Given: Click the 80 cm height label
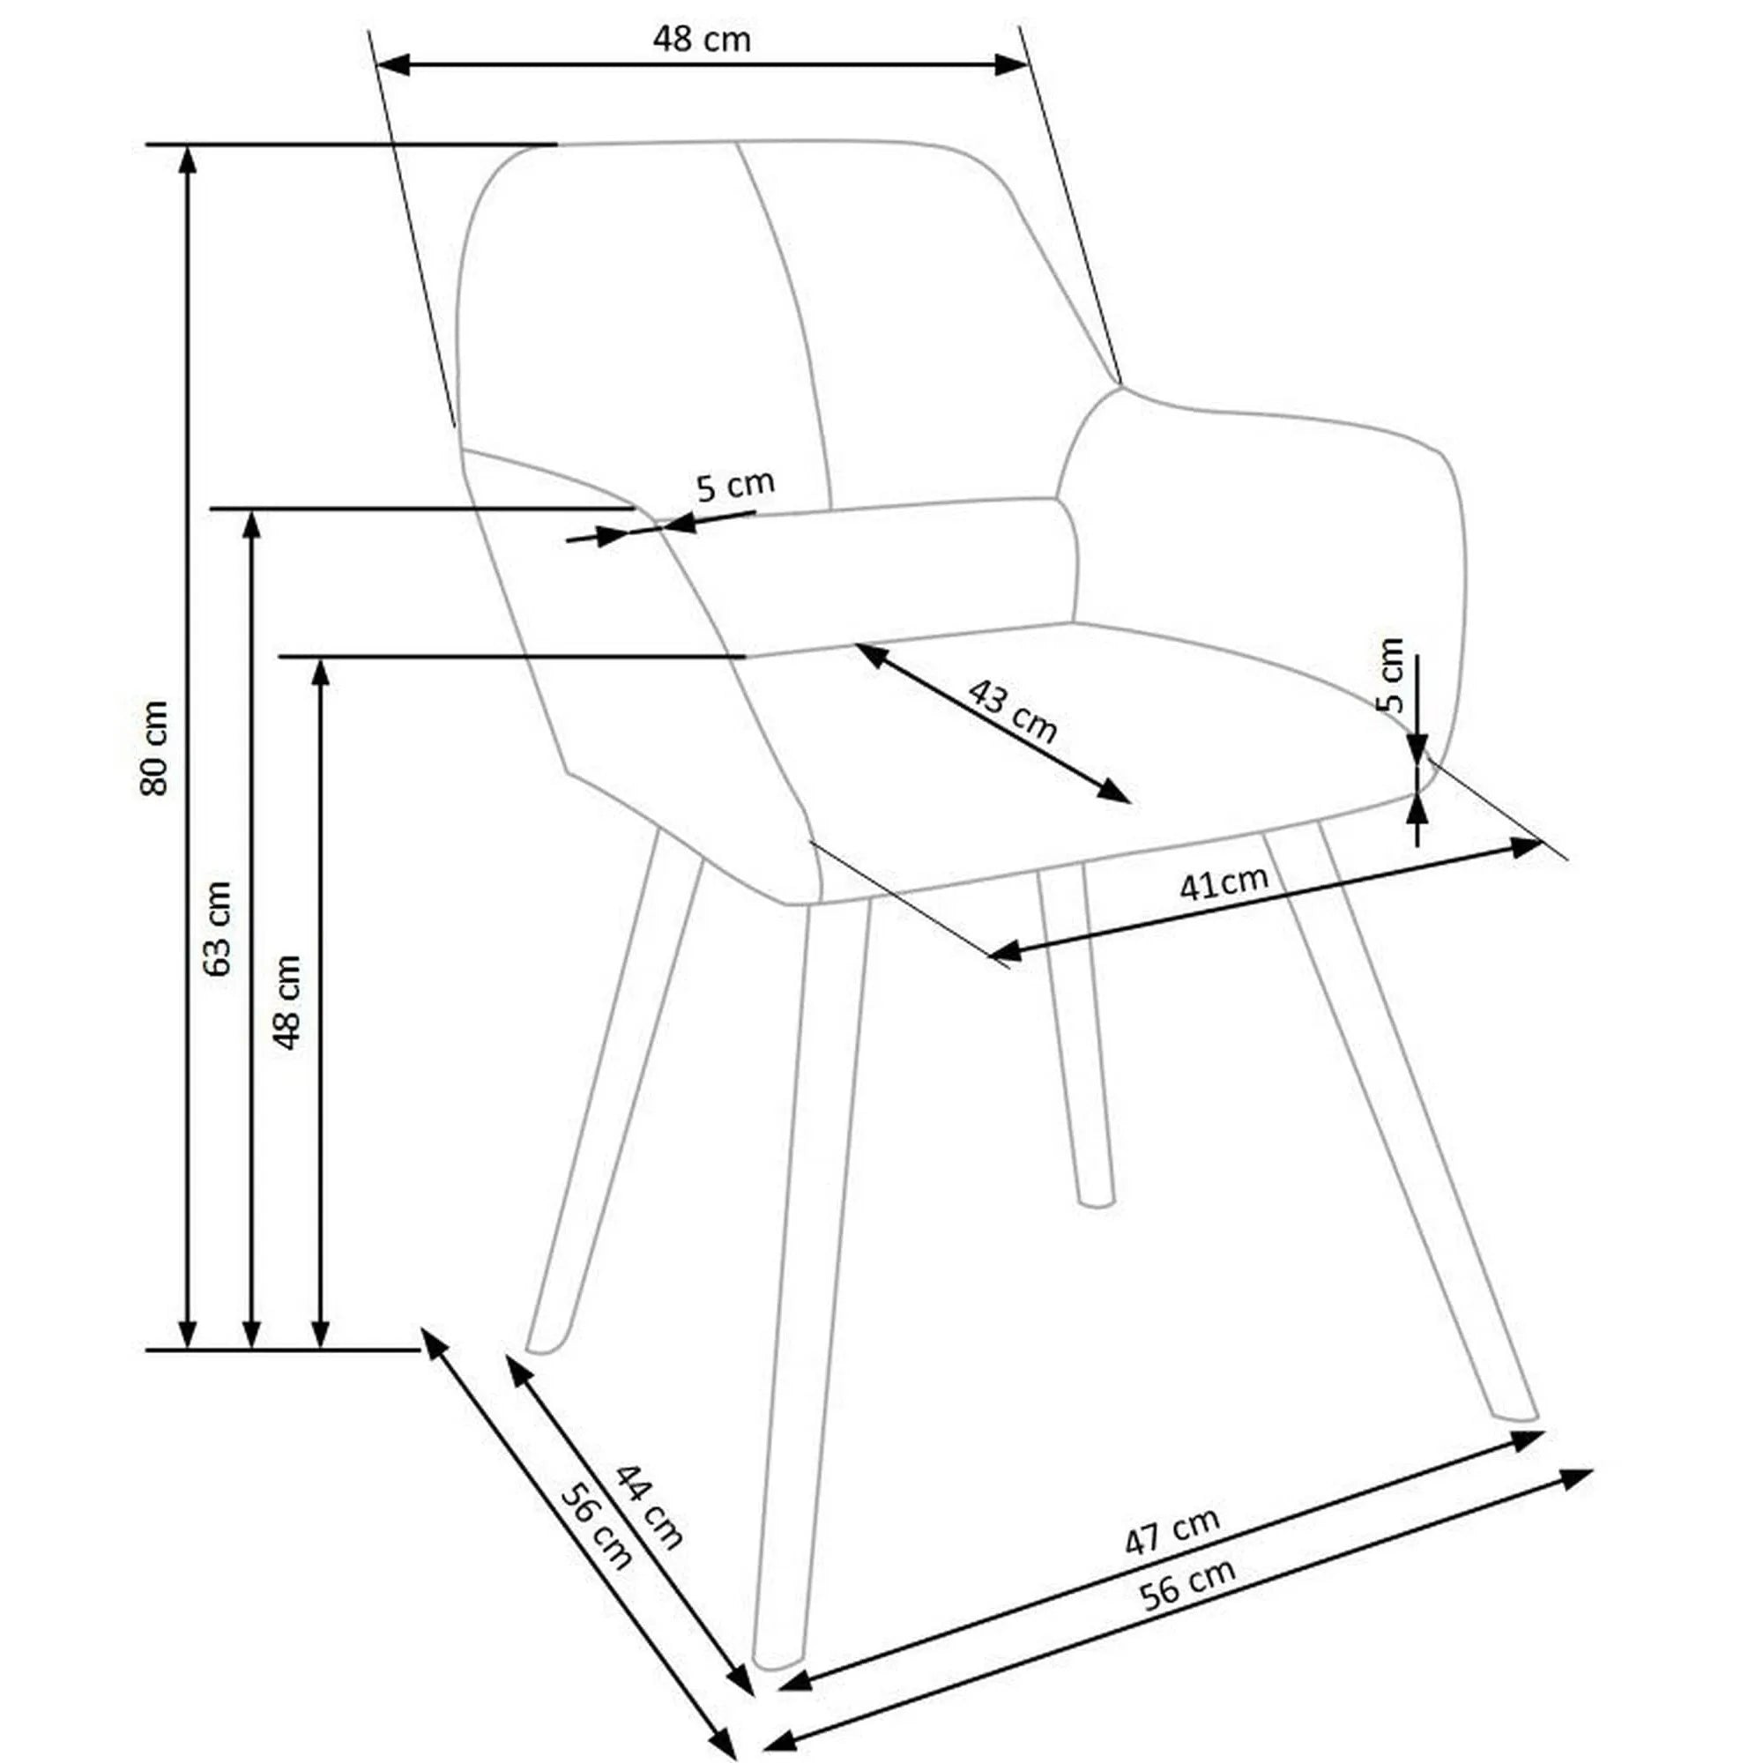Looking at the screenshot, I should tap(155, 748).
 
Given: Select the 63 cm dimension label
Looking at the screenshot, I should tap(219, 929).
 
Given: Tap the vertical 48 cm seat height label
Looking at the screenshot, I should tap(288, 1002).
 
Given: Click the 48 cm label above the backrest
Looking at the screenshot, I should tap(701, 40).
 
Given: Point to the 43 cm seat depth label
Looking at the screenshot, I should tap(1011, 711).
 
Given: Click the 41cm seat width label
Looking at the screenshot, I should tap(1223, 883).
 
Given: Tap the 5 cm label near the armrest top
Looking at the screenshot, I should tap(734, 486).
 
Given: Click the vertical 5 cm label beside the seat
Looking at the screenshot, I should tap(1390, 675).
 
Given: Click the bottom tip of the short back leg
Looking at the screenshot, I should tap(1095, 1202).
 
